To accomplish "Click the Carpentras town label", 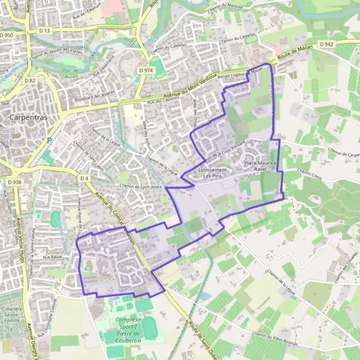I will [28, 118].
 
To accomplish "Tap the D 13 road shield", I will [44, 29].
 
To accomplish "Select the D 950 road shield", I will [7, 36].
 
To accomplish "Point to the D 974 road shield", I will [146, 70].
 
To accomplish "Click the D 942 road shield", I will [326, 44].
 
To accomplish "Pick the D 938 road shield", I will [14, 182].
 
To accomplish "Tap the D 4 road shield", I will [84, 178].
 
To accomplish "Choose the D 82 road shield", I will [31, 80].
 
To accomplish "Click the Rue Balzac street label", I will [55, 257].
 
